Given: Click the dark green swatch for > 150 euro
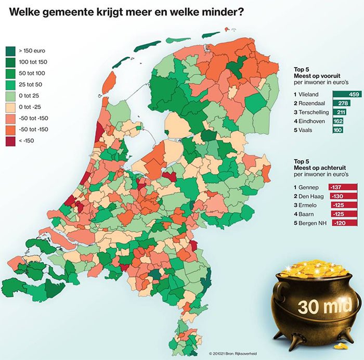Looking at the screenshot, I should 10,51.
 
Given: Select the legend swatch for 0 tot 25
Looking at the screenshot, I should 10,95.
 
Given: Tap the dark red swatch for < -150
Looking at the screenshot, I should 10,140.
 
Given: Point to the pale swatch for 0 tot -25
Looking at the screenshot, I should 10,107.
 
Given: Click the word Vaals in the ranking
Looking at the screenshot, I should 306,130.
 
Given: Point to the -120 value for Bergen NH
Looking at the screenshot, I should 335,223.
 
